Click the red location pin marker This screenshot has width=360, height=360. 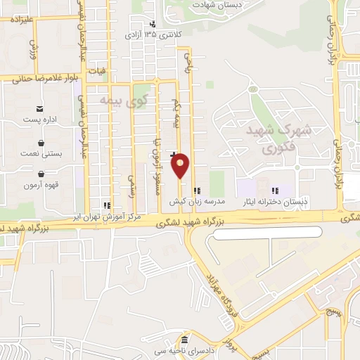click(181, 166)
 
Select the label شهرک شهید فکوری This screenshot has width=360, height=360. click(266, 139)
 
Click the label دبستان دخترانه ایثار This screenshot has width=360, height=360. click(276, 201)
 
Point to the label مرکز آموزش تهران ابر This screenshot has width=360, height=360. click(108, 217)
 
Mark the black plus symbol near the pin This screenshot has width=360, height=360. click(173, 144)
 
